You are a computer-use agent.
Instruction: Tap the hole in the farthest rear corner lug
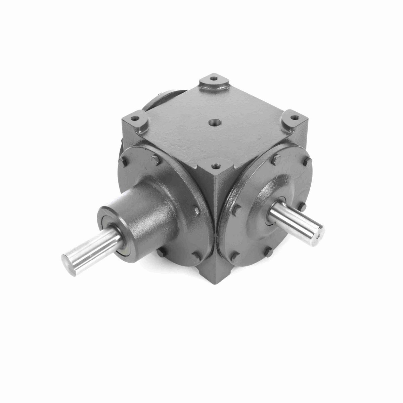213,80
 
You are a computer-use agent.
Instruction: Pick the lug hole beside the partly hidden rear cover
136,118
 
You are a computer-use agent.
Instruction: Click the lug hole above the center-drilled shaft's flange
295,118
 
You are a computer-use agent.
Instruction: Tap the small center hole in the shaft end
318,236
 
